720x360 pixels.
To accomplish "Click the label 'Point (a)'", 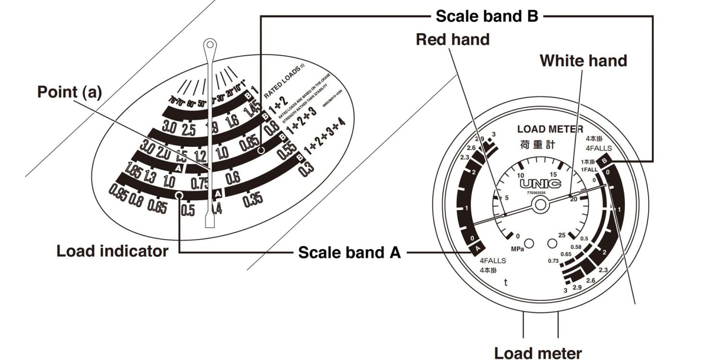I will (x=70, y=93).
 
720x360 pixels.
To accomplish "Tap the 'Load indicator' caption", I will (x=112, y=251).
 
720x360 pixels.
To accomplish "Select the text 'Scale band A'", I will (x=349, y=252).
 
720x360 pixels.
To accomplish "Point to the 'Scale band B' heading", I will (x=487, y=16).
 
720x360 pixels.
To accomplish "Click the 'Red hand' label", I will (x=453, y=39).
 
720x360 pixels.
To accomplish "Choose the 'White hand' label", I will (x=583, y=61).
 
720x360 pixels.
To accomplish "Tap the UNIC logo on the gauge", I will (x=540, y=183).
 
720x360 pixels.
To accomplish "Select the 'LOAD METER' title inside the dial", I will (x=551, y=129).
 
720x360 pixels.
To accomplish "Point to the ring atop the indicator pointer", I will (x=209, y=46).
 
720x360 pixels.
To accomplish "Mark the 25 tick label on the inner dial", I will (x=563, y=235).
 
